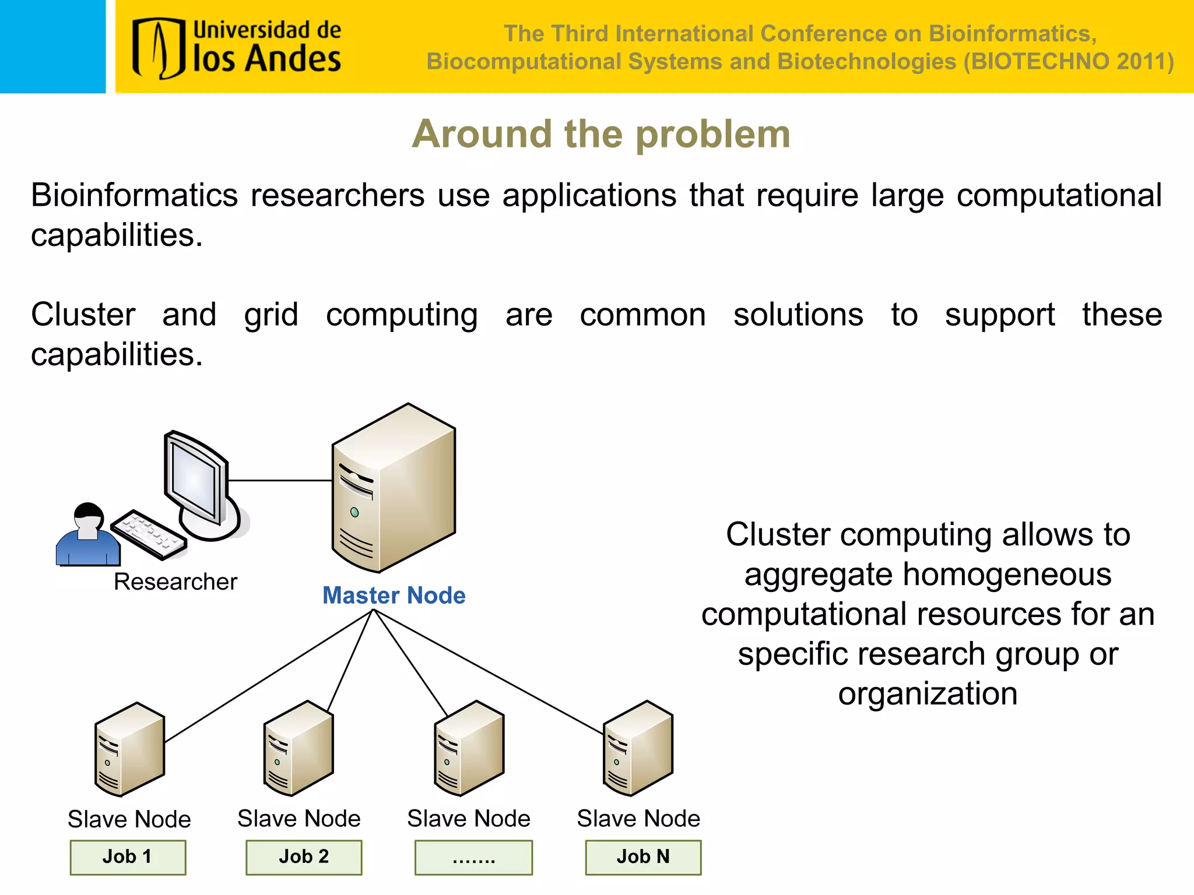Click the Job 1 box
coord(128,857)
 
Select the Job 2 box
coord(304,857)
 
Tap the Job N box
coord(643,857)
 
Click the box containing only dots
coord(473,857)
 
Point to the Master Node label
coord(394,596)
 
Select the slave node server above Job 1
coord(129,749)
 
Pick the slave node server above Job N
coord(638,748)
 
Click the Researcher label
coord(175,582)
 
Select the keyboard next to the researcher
coord(149,534)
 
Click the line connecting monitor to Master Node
coord(280,481)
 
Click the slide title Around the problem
coord(601,134)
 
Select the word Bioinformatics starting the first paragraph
coord(134,195)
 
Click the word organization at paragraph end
coord(928,694)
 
